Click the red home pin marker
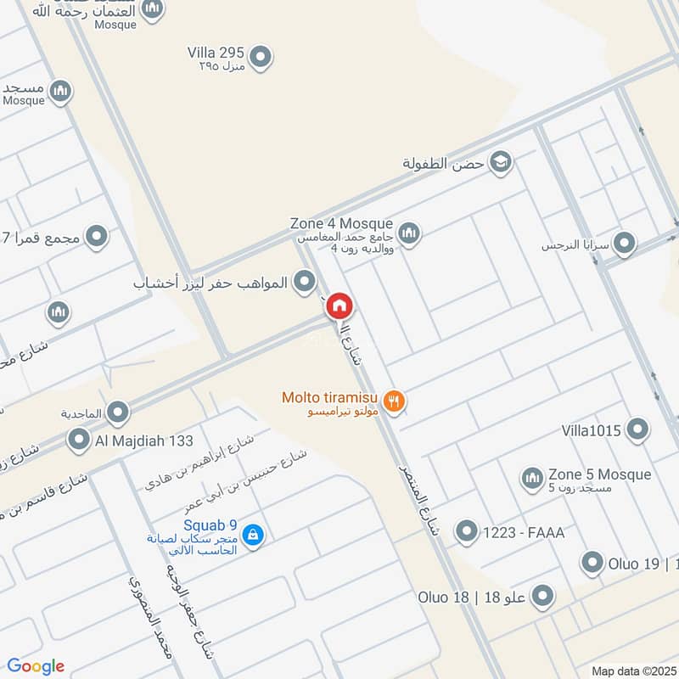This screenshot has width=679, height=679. click(x=339, y=306)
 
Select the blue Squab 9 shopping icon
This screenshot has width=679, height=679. click(x=252, y=535)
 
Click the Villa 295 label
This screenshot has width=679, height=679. click(x=216, y=53)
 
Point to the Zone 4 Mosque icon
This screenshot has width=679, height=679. click(x=409, y=233)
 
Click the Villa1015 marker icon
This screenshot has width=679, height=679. click(x=637, y=430)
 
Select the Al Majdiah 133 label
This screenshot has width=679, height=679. click(x=144, y=441)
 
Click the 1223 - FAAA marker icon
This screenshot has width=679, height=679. click(x=466, y=532)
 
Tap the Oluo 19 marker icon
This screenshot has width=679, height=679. click(x=592, y=562)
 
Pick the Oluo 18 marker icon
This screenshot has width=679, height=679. click(x=542, y=597)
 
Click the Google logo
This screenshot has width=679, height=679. click(x=36, y=666)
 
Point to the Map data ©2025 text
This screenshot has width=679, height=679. click(x=632, y=671)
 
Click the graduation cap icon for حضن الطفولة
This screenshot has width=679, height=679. click(x=501, y=162)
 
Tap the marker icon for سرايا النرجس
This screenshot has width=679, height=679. click(x=626, y=244)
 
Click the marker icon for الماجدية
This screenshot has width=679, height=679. click(x=118, y=413)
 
